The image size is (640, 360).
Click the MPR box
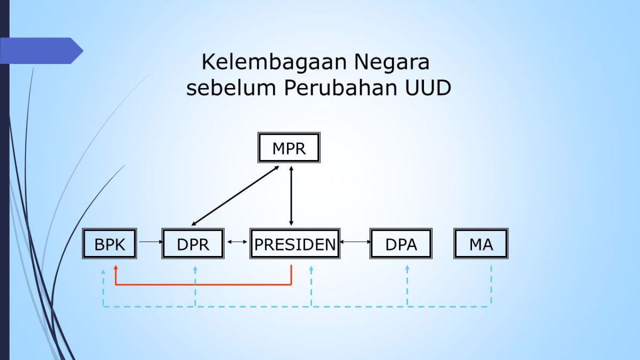[x=289, y=148]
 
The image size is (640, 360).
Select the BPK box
[x=110, y=244]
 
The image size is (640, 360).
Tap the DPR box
[x=193, y=244]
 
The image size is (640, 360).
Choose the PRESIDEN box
[x=294, y=244]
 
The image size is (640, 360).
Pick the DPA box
[x=401, y=244]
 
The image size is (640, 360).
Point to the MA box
[x=481, y=244]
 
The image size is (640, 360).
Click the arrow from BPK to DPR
[x=150, y=242]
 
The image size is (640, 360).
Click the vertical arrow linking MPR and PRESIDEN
[x=291, y=195]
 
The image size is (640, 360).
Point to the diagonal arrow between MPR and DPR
[x=235, y=195]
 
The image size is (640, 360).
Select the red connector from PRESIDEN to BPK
[x=203, y=284]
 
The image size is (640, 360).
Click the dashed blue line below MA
[x=491, y=285]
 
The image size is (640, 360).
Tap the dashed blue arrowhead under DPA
[x=407, y=268]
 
